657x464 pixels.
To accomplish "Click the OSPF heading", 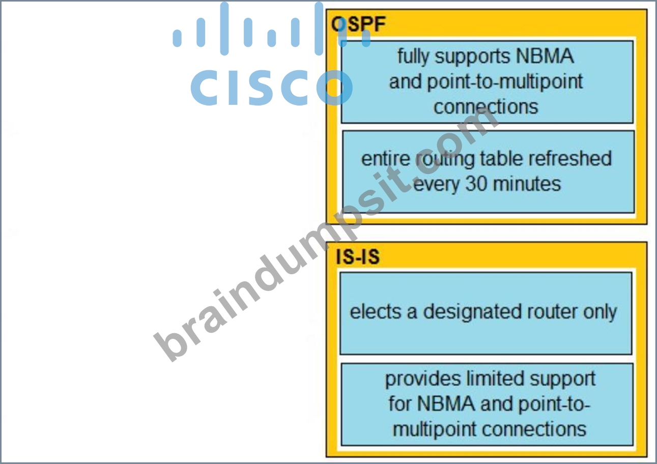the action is pos(358,24).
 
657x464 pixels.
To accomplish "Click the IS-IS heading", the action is pos(358,256).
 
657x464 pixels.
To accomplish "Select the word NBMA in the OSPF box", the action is pos(545,56).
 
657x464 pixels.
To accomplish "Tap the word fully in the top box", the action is pos(413,56).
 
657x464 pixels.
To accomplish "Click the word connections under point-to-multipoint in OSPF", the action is pos(486,106).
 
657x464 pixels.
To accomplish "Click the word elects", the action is pos(376,311).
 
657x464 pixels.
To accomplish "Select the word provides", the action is pos(423,379).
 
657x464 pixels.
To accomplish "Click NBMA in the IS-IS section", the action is pos(446,403).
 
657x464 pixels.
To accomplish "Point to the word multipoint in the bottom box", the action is pos(435,430).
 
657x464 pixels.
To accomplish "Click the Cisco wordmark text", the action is pos(271,88).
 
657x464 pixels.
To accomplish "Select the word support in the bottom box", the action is pos(562,380).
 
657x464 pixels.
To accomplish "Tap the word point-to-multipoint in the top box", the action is pos(485,82).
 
